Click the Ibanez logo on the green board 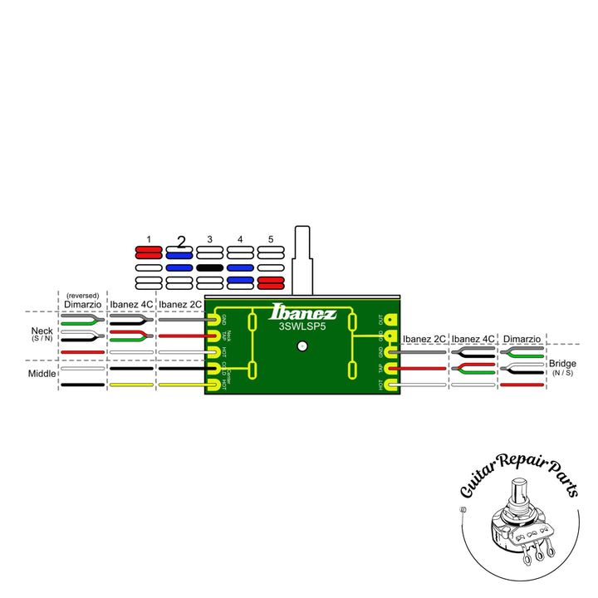303,313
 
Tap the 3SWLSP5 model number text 303,326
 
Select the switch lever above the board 303,257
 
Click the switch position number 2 179,242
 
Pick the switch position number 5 271,239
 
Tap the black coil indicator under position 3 210,268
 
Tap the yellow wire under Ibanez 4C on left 131,385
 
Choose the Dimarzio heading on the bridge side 522,339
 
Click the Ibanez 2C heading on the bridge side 424,339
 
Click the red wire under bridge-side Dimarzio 522,385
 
